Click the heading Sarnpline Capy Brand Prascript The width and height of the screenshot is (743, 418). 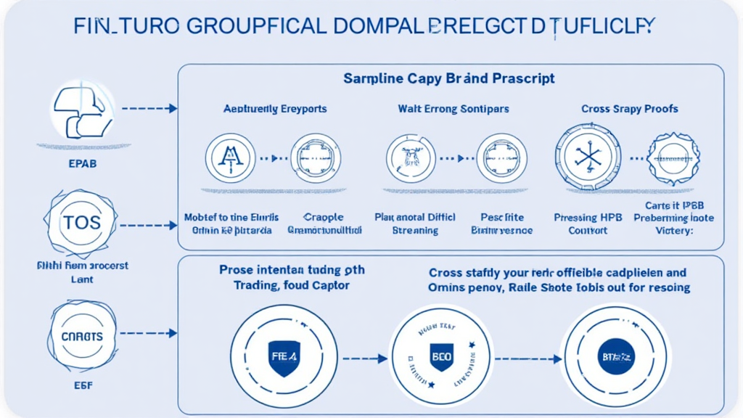pos(451,78)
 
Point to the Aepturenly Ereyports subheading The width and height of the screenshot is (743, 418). pos(274,109)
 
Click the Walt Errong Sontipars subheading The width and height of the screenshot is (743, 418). pos(453,109)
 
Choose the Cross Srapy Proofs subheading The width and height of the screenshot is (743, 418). pos(630,109)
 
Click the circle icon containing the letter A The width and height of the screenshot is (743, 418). pos(230,157)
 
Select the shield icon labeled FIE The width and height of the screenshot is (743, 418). pos(284,358)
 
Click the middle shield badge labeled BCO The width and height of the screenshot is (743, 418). pos(442,358)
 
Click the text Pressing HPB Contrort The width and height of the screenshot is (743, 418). pos(588,224)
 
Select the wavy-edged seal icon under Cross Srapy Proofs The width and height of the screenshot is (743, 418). pos(673,157)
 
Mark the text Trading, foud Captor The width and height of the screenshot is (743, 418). pos(291,285)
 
